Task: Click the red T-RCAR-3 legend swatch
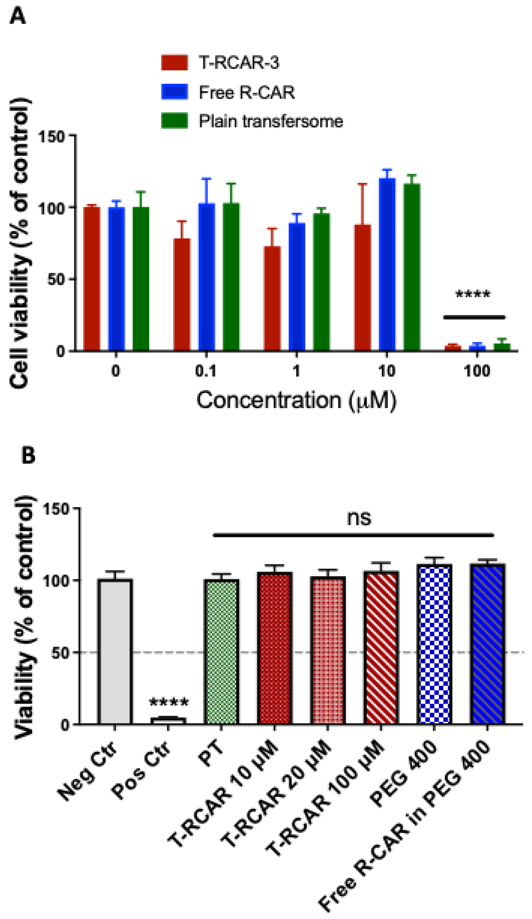click(174, 63)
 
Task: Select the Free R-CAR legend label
click(247, 92)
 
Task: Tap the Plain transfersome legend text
click(271, 121)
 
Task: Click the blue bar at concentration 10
click(387, 264)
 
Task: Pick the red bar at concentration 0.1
click(182, 294)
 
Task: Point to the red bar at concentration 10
click(362, 287)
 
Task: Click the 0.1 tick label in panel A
click(206, 371)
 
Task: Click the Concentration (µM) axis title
click(296, 401)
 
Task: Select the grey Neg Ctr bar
click(115, 651)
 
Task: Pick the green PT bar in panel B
click(221, 651)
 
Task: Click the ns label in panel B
click(359, 518)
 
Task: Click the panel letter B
click(28, 455)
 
